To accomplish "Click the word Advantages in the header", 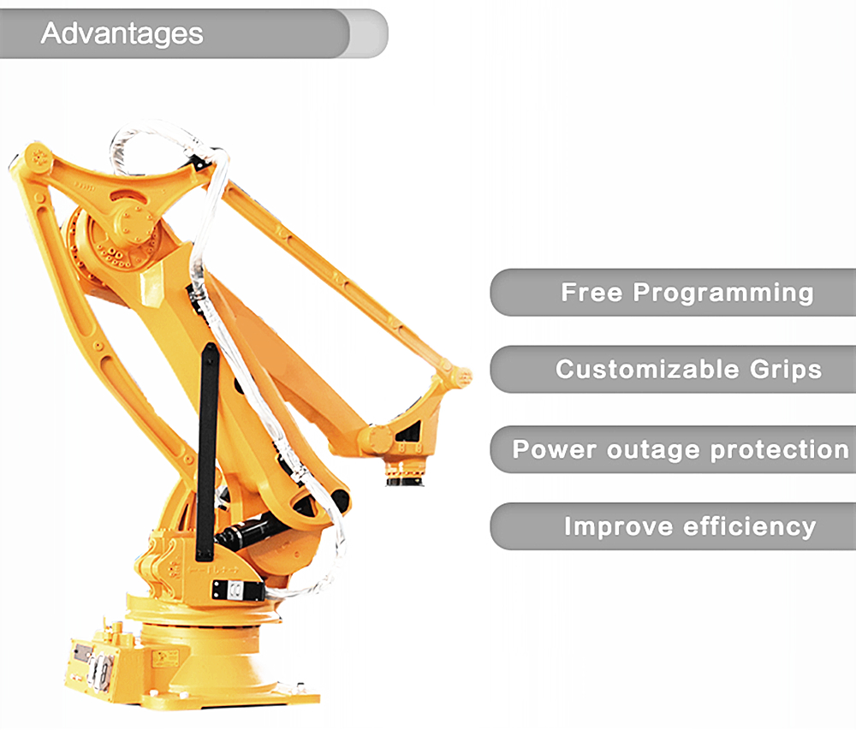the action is point(122,34).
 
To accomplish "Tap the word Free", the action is point(591,293).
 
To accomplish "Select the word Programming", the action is point(723,294).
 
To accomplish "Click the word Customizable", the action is point(647,370).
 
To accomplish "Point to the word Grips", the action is point(786,371).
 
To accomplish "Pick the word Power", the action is point(554,449).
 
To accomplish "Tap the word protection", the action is point(780,450).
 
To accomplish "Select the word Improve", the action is point(618,527).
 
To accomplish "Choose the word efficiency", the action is point(750,527).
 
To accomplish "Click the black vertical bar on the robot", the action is point(207,452).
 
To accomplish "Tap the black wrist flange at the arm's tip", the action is point(405,478).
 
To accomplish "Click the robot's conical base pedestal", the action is point(217,659).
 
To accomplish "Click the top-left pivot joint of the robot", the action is point(37,157).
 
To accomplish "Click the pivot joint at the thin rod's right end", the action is point(457,376).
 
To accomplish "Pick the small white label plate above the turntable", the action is point(237,590).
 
